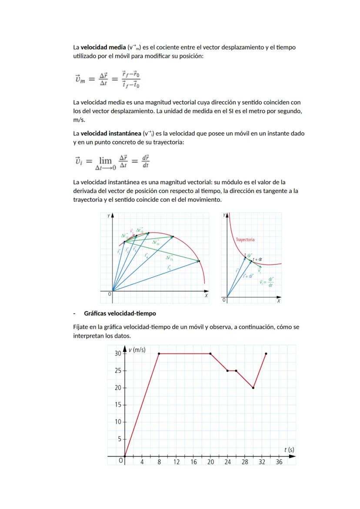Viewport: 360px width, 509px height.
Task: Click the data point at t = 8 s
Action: point(159,353)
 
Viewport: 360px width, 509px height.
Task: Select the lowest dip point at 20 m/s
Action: point(253,388)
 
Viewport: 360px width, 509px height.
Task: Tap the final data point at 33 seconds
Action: point(266,353)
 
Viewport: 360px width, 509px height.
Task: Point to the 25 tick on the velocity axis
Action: point(118,371)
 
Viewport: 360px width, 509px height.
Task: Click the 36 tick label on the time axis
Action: point(279,462)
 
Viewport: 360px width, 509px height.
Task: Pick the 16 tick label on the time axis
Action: point(193,462)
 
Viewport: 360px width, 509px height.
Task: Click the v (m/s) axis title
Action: point(137,350)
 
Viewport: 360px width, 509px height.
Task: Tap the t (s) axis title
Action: point(289,449)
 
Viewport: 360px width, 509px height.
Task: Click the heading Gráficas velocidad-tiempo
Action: point(120,313)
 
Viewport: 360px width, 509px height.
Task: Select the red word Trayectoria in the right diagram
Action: point(245,240)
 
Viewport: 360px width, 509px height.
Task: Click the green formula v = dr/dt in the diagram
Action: point(267,282)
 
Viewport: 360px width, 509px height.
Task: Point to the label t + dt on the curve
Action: point(257,259)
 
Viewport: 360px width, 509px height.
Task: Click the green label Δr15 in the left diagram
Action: point(169,258)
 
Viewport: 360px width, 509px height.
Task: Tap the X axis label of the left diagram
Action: point(206,295)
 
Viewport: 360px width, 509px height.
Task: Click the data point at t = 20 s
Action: point(210,353)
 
